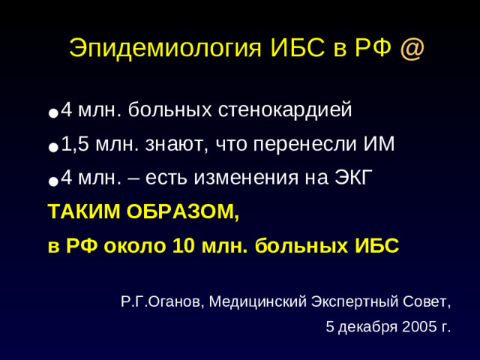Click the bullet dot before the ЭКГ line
52,180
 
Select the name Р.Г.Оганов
160,302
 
